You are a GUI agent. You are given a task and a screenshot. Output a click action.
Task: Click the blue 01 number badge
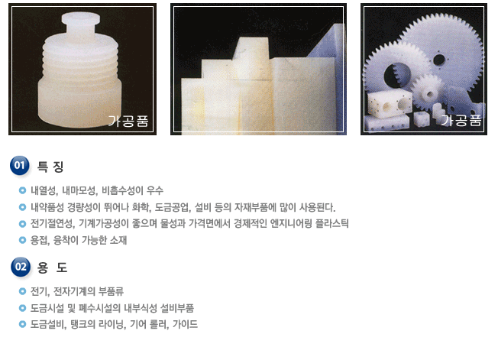coord(20,165)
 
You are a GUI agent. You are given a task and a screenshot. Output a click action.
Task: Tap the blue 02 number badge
coord(21,267)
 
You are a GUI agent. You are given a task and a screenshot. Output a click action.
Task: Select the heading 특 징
coord(50,167)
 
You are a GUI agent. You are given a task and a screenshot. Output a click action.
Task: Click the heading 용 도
coord(52,268)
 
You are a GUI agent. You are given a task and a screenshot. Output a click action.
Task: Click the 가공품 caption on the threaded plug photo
coord(128,121)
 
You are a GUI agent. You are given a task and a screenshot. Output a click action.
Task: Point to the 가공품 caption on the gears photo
coord(461,120)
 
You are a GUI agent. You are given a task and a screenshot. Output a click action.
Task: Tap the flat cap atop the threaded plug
coord(81,18)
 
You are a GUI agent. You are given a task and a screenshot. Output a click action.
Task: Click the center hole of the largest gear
coord(439,60)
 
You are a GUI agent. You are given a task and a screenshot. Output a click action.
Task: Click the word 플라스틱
coord(332,224)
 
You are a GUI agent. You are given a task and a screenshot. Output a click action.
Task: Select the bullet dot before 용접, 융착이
coord(22,240)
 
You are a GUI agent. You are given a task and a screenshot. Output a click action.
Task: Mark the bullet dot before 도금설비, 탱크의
coord(22,324)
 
